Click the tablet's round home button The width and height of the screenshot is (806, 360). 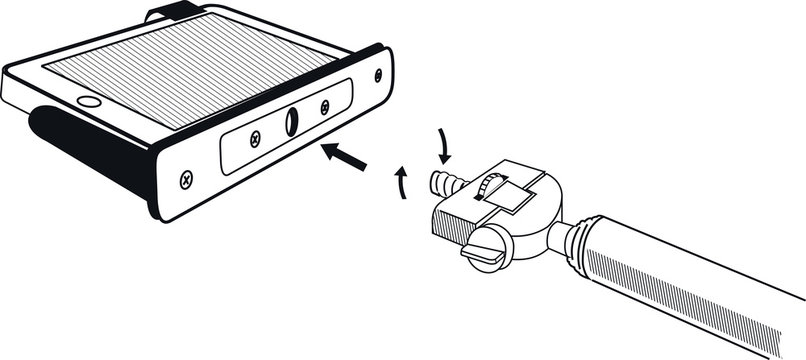click(x=89, y=101)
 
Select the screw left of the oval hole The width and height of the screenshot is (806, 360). click(x=256, y=136)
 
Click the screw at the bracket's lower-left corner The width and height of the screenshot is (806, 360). click(x=186, y=181)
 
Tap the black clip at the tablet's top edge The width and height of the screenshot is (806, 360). click(x=170, y=14)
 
